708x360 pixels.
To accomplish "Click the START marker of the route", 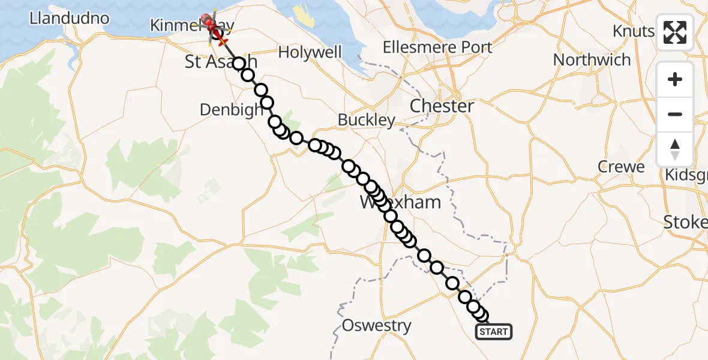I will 494,331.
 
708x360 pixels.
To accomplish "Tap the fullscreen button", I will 675,32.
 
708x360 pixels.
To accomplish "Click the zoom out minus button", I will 675,114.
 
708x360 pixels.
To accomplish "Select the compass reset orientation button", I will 675,149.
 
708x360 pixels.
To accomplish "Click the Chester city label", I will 442,106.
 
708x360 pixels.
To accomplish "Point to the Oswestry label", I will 376,326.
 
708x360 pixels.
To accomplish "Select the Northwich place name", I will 592,60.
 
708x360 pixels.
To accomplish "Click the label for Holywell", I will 311,52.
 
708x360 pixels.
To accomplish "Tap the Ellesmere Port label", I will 437,47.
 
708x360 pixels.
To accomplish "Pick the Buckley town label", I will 366,120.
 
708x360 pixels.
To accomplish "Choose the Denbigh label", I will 232,110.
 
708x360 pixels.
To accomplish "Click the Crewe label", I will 621,167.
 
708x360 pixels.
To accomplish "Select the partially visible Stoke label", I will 685,222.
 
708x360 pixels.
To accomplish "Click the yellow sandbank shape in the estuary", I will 305,15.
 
